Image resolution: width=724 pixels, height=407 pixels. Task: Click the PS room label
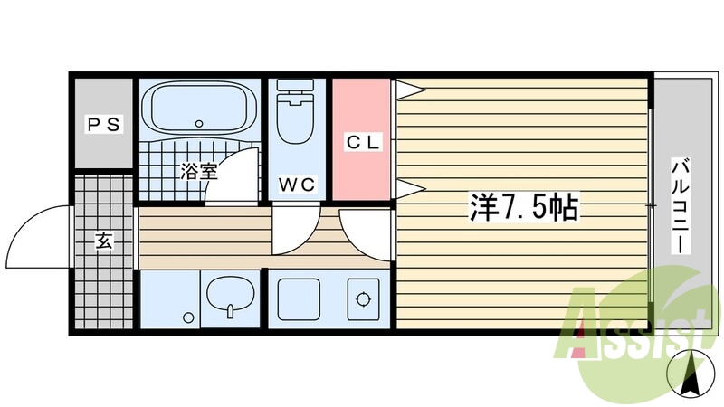104,125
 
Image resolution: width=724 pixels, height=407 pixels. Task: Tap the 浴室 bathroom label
196,169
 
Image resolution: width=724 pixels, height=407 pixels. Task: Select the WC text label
297,185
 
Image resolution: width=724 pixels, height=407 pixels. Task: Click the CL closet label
362,142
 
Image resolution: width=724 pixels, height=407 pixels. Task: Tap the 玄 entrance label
104,241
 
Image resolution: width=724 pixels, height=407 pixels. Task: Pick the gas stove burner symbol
364,298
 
